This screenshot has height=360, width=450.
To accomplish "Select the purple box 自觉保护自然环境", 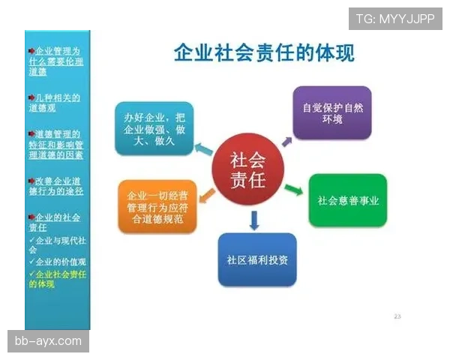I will (x=331, y=112).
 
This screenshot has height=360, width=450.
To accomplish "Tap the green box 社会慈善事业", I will (x=347, y=200).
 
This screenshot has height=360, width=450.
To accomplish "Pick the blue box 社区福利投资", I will (x=257, y=259).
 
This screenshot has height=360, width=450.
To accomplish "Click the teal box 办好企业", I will (x=154, y=127).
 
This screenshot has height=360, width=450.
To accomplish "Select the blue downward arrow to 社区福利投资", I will (x=254, y=220).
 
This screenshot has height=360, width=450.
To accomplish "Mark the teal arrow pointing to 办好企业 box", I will (x=203, y=148).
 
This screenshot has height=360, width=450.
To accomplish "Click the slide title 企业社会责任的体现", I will (x=264, y=53).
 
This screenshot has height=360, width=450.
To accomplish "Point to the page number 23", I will (x=397, y=316).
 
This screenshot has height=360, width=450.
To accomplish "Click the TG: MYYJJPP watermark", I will (x=395, y=17).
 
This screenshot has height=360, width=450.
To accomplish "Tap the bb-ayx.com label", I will (x=48, y=341).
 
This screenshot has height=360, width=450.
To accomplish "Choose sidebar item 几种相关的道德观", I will (x=57, y=103).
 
